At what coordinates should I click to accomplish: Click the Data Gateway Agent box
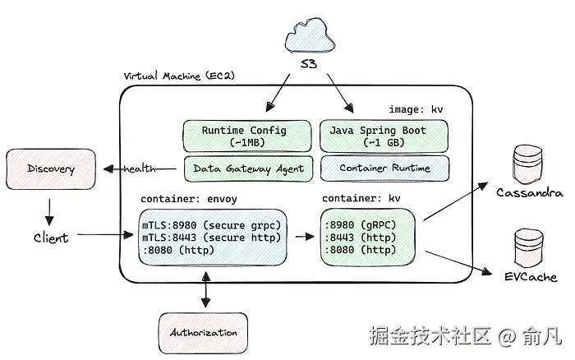point(248,168)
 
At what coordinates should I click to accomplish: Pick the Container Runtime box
point(384,168)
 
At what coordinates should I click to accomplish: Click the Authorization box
point(203,333)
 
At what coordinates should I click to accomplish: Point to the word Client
point(51,238)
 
